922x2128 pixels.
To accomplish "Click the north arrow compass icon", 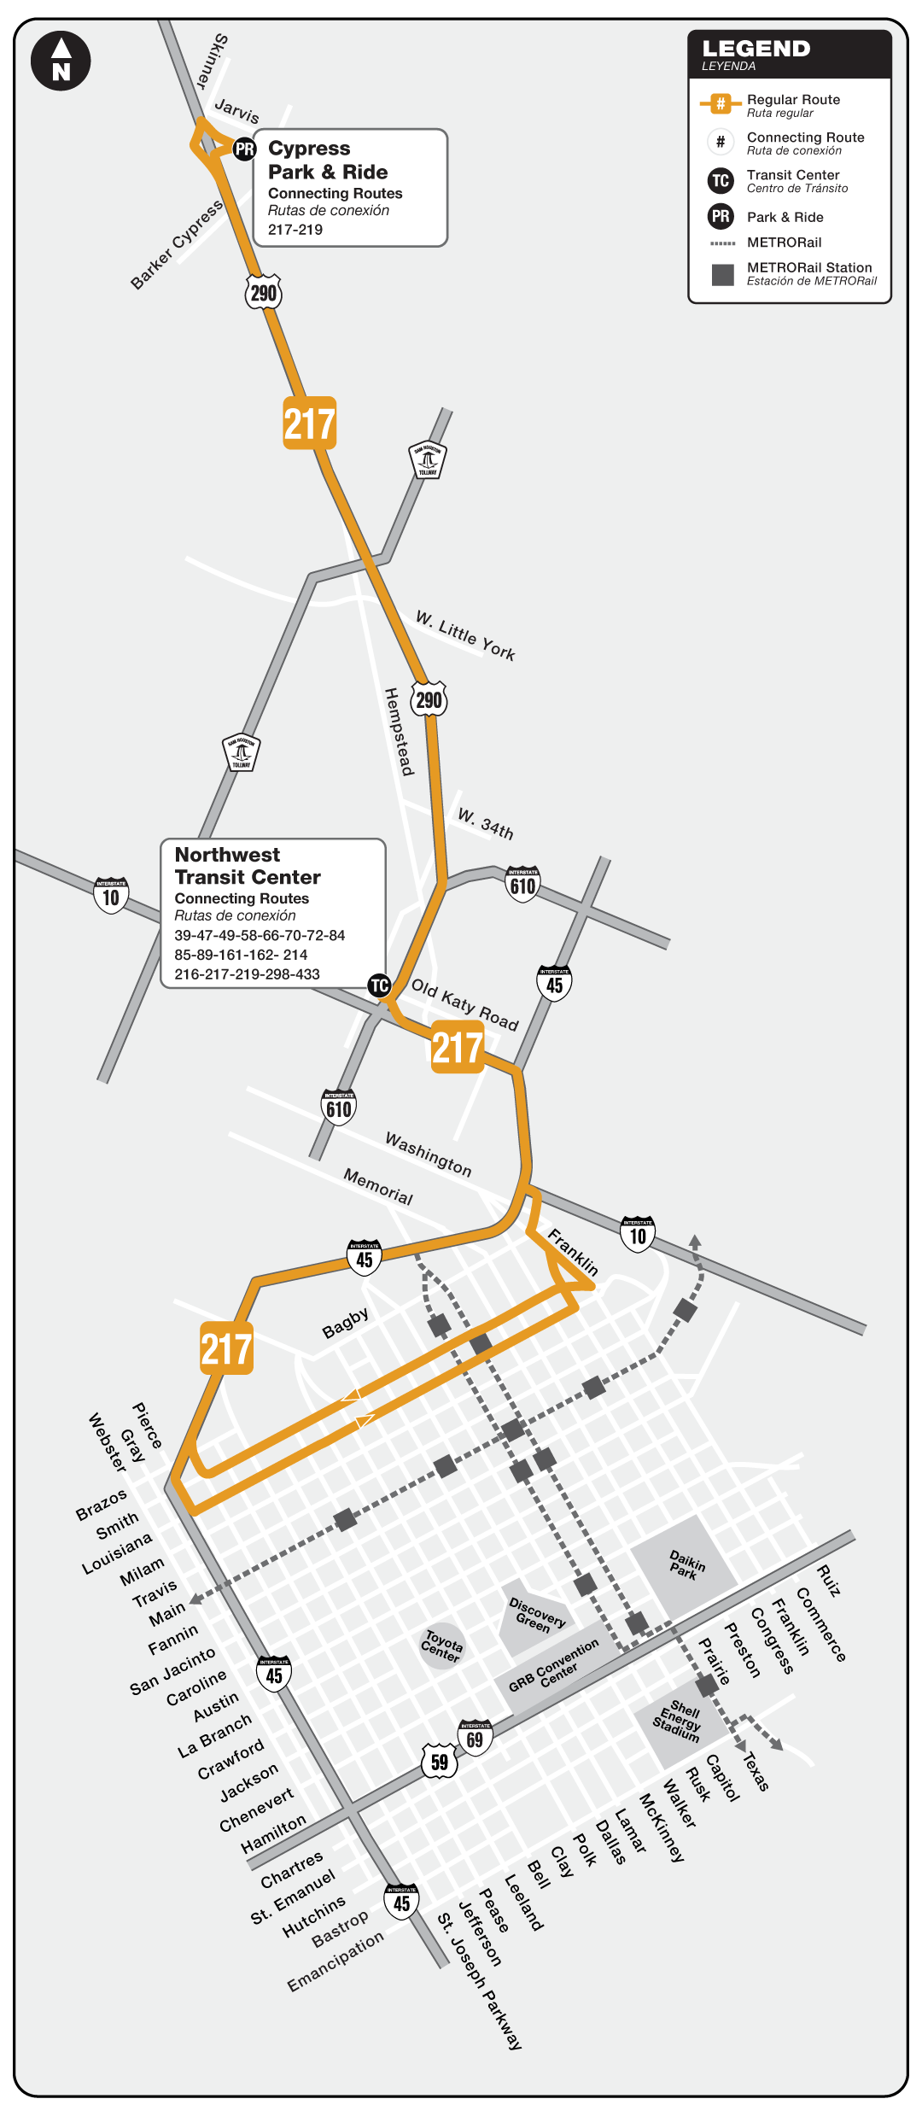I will (x=61, y=61).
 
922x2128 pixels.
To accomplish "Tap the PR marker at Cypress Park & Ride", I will (x=245, y=149).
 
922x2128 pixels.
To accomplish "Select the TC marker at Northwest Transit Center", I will (x=379, y=985).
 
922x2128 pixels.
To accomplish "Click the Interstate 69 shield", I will (x=475, y=1739).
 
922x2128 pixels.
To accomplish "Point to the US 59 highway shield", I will (x=440, y=1762).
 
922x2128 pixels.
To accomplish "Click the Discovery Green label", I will (x=537, y=1615).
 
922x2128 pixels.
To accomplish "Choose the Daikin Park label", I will (x=686, y=1564).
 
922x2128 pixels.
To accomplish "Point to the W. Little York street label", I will (x=465, y=635).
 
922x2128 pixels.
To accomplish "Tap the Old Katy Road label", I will (x=465, y=1004).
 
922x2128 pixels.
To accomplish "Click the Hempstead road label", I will (x=399, y=732).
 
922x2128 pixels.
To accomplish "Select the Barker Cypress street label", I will (x=177, y=244).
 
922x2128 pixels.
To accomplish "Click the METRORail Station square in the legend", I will (x=723, y=274).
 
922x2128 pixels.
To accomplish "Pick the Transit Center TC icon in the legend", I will (x=721, y=180).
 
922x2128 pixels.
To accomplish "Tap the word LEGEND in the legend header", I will (x=756, y=49).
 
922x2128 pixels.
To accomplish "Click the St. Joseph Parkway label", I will (x=479, y=1980).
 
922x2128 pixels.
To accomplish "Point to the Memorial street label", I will (x=378, y=1186).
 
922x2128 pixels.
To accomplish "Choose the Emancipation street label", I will (x=336, y=1961).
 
